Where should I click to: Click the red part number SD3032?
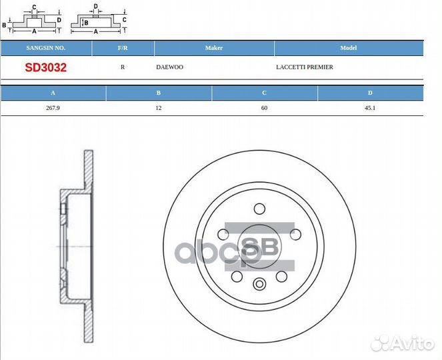tap(45, 67)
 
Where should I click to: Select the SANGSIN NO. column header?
tap(45, 48)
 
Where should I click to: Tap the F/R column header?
tap(123, 48)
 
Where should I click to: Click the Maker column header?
tap(214, 48)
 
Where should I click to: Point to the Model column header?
tap(349, 48)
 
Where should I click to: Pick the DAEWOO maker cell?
tap(170, 67)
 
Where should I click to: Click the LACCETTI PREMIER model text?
tap(305, 67)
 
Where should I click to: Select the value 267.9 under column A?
tap(53, 108)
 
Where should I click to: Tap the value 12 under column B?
tap(159, 108)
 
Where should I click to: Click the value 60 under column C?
tap(264, 108)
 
